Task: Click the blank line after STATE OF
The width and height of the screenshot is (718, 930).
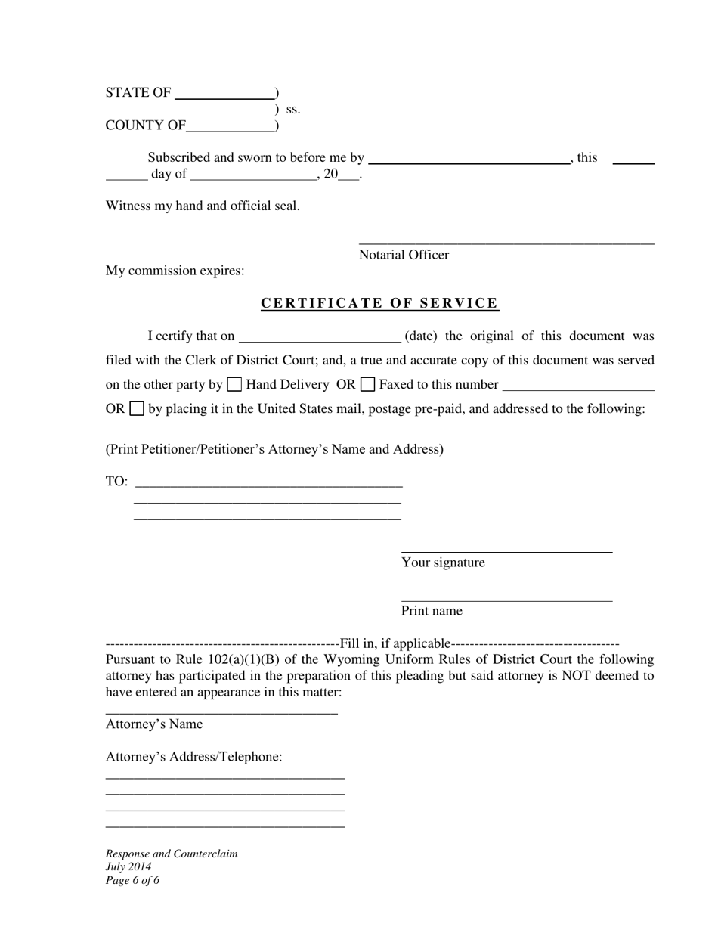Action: [224, 98]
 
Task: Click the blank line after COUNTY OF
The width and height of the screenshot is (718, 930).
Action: [231, 130]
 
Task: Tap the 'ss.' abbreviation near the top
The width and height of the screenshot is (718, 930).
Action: [293, 110]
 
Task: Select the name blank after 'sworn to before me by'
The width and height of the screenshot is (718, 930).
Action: [469, 162]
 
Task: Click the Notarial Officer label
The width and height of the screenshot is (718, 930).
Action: [404, 255]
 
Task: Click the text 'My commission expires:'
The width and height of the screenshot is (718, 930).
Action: [175, 271]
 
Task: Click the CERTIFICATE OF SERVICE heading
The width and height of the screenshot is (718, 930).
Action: [379, 303]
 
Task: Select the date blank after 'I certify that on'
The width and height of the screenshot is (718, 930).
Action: [320, 340]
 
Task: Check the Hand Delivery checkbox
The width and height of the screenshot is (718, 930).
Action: [234, 384]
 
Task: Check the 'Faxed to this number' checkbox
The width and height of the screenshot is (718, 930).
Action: [368, 384]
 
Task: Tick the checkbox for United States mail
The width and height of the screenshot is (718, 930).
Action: [137, 408]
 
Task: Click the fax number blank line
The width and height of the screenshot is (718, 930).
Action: [578, 389]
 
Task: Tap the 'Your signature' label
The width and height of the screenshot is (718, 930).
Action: [443, 563]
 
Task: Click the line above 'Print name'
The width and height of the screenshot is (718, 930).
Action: [506, 600]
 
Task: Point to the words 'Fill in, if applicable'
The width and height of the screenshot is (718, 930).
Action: [395, 643]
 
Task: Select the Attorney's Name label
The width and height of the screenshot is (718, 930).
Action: [154, 724]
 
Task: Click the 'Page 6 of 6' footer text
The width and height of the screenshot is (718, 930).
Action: [132, 880]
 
